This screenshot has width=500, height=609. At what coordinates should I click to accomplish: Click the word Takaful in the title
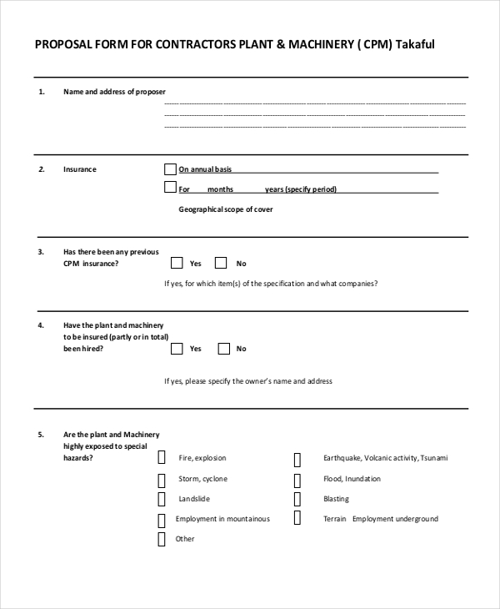[414, 45]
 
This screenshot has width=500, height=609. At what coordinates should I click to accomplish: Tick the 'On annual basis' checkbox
[171, 169]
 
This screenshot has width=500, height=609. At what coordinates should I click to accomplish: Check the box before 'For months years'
[171, 188]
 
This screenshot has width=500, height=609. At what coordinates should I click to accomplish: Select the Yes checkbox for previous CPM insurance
[177, 263]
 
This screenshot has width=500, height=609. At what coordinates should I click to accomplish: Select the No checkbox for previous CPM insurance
[221, 263]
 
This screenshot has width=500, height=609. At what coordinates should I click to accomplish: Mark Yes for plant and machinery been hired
[177, 349]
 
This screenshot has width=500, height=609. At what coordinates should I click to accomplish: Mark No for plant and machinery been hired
[223, 349]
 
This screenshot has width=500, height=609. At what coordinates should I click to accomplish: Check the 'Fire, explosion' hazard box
[162, 458]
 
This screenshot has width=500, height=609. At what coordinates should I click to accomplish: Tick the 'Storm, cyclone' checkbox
[162, 480]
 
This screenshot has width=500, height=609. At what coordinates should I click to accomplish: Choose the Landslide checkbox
[162, 499]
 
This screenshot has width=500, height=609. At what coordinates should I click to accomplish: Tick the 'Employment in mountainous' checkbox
[162, 520]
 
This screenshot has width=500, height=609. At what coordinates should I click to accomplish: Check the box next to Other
[162, 539]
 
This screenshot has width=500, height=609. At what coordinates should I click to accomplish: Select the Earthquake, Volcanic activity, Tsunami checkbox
[297, 459]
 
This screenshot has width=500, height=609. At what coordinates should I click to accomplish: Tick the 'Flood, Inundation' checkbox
[297, 480]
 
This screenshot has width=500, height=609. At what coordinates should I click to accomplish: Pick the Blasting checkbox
[297, 499]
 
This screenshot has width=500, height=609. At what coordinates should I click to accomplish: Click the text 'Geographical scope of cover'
[225, 209]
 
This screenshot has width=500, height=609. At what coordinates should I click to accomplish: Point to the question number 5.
[41, 435]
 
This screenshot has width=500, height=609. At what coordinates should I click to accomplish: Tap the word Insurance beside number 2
[80, 169]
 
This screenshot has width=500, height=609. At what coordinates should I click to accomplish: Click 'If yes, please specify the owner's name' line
[248, 381]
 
